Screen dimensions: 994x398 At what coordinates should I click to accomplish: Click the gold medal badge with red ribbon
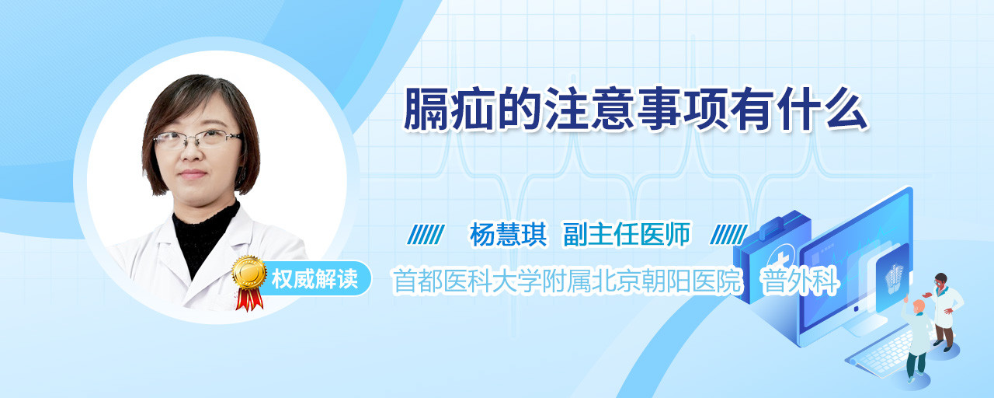pos(249,281)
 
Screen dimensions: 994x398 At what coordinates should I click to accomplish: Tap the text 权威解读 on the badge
pos(315,279)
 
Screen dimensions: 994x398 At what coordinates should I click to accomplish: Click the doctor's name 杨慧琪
pos(508,235)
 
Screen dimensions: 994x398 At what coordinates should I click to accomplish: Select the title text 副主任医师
pos(627,234)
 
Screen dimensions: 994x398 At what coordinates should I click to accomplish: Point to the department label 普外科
pos(800,281)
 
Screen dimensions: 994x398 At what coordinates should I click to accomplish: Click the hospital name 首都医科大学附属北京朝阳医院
pos(567,281)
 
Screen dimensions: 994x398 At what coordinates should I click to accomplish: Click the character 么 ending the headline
pos(846,108)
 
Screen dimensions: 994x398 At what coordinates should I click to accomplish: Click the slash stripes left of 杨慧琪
pos(426,235)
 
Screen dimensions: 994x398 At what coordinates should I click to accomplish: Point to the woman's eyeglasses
pos(197,139)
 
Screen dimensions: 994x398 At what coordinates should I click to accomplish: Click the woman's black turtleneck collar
pos(206,236)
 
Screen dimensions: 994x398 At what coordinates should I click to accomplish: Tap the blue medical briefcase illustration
pos(771,257)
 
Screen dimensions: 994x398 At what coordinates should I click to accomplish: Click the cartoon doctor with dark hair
pos(944,311)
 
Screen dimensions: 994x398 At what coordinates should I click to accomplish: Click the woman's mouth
pos(192,173)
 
